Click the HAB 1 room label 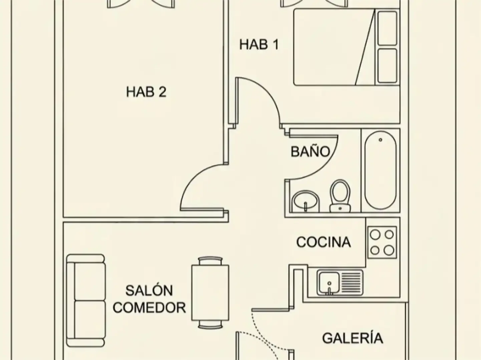click(259, 44)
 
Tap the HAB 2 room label click(146, 92)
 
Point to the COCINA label click(324, 242)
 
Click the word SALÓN click(149, 291)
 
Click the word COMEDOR click(149, 308)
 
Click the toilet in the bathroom click(340, 196)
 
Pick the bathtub click(381, 170)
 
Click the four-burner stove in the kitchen click(382, 242)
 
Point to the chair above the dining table click(210, 261)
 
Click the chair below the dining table click(210, 325)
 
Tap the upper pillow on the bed click(387, 28)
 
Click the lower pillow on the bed click(387, 66)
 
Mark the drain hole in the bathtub click(380, 140)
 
